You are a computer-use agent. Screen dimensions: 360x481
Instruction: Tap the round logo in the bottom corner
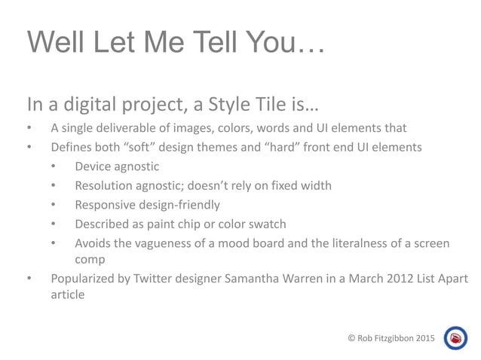(x=456, y=339)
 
